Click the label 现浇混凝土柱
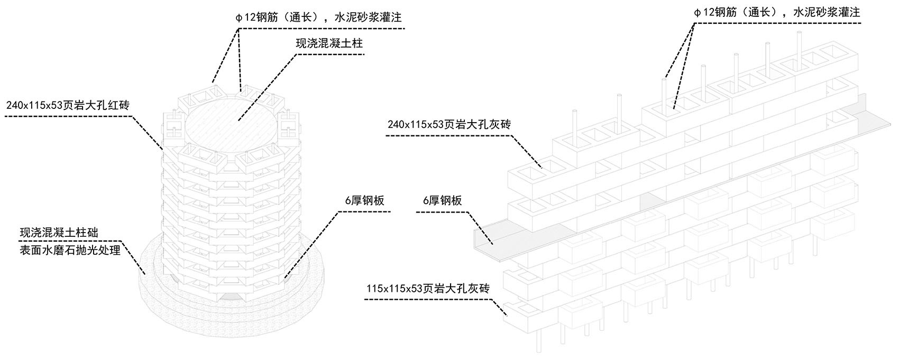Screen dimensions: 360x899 [329, 43]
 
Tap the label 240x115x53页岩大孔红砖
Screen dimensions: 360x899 [68, 105]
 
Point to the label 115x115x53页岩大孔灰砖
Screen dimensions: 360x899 [428, 289]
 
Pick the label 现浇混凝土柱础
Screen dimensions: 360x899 [59, 232]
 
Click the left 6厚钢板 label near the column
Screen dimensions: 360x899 [363, 201]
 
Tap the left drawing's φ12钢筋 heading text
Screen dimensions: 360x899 [318, 17]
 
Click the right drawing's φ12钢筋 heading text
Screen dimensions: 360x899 [777, 12]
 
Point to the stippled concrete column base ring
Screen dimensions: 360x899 [159, 296]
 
